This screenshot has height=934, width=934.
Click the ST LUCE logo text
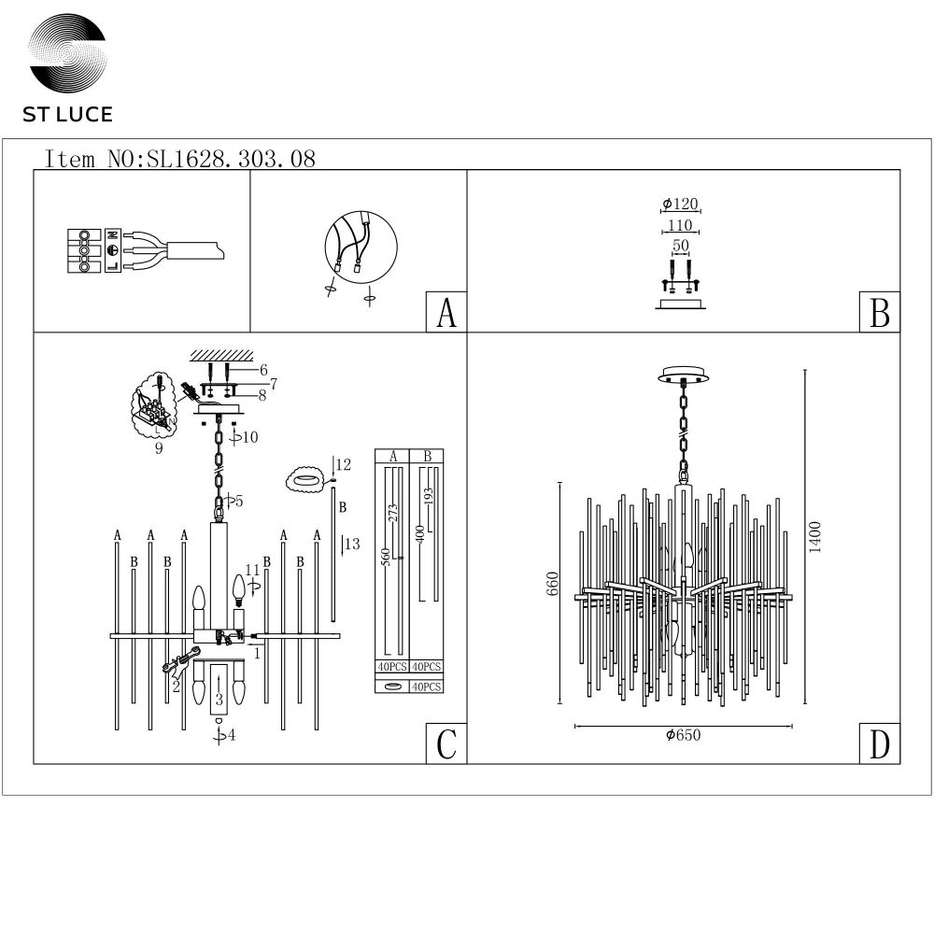point(67,114)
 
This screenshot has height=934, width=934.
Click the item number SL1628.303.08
point(231,159)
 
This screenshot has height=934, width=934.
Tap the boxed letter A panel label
point(446,312)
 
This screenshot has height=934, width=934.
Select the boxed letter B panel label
point(880,312)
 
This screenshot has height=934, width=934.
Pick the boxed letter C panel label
point(446,743)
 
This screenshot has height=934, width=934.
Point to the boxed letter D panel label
point(880,743)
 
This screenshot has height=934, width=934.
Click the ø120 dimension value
point(680,204)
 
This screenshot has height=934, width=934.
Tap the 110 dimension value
point(680,225)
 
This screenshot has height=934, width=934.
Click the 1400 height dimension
point(814,537)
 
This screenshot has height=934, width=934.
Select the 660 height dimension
point(553,583)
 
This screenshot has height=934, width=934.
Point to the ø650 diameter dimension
point(684,735)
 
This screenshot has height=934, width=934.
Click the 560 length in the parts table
point(386,557)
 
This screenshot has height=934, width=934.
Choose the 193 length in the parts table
point(429,496)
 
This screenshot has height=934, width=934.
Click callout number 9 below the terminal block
point(159,448)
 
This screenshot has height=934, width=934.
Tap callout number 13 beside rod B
point(352,544)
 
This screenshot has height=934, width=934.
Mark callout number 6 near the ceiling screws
point(263,370)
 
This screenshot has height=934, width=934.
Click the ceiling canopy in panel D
point(684,375)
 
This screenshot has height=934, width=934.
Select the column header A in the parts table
point(393,457)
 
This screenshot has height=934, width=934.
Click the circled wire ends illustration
point(361,248)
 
